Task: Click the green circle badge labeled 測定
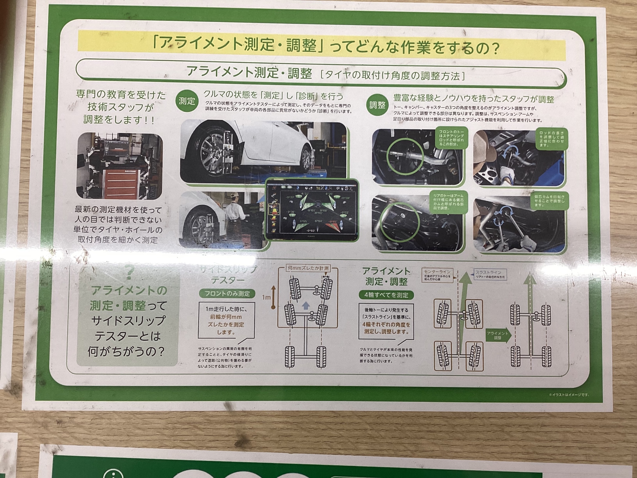pyautogui.click(x=187, y=101)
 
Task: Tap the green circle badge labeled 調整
pyautogui.click(x=377, y=105)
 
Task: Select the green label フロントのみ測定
pyautogui.click(x=227, y=294)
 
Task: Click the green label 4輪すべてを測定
pyautogui.click(x=386, y=295)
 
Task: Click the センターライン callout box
pyautogui.click(x=437, y=275)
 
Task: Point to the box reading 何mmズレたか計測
pyautogui.click(x=308, y=268)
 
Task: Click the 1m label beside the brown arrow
pyautogui.click(x=266, y=297)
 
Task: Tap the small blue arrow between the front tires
pyautogui.click(x=305, y=305)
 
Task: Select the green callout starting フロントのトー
pyautogui.click(x=451, y=138)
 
